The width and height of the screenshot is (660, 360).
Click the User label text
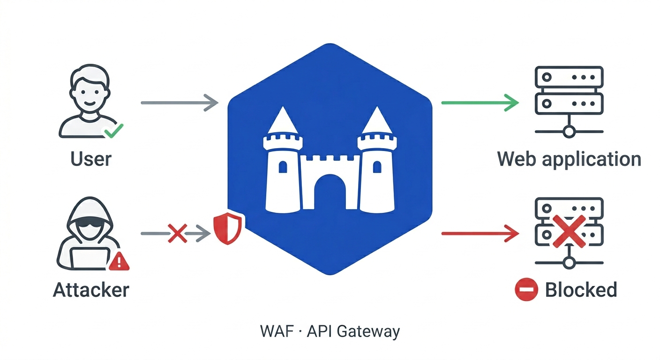click(x=91, y=159)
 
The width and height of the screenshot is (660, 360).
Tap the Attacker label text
click(x=91, y=290)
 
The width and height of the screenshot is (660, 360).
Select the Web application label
click(x=569, y=159)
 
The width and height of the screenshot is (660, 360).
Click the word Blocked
click(x=581, y=290)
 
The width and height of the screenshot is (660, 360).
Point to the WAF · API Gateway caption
click(x=330, y=331)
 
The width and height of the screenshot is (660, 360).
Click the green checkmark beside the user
click(x=113, y=130)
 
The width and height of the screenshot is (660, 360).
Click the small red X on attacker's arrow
click(x=177, y=233)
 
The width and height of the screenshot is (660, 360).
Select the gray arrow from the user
click(x=180, y=102)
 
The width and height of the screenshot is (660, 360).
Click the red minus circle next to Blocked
click(x=525, y=290)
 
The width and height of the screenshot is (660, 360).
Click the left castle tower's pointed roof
click(x=282, y=121)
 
